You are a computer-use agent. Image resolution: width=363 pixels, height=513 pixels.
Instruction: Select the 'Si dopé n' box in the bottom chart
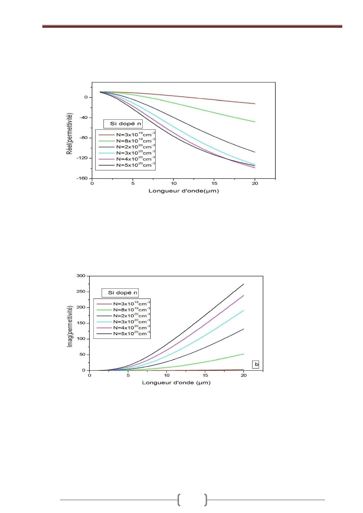tap(120, 293)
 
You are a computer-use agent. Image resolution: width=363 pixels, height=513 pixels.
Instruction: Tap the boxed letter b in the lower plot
tap(255, 364)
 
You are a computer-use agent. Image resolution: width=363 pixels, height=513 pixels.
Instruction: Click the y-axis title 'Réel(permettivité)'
tap(70, 133)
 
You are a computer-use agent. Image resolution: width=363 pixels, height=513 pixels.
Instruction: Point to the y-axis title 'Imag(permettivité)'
tap(70, 326)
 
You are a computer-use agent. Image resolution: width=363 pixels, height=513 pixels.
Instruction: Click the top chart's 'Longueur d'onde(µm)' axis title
tap(184, 191)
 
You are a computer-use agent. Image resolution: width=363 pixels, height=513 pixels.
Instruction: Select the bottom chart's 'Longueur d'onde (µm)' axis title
tap(176, 383)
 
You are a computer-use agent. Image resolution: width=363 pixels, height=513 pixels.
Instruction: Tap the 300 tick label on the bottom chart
tap(81, 276)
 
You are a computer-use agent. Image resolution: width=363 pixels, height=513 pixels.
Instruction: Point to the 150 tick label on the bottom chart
tap(81, 323)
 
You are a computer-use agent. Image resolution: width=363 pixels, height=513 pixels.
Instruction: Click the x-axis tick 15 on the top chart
tap(214, 184)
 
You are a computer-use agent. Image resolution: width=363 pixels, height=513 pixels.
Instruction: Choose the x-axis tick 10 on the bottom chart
tap(167, 375)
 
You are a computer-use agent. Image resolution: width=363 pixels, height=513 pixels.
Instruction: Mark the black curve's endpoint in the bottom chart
tap(244, 284)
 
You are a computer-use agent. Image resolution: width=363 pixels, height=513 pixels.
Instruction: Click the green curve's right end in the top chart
tap(255, 122)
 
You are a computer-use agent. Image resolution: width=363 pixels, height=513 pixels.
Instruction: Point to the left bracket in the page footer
tap(179, 500)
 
